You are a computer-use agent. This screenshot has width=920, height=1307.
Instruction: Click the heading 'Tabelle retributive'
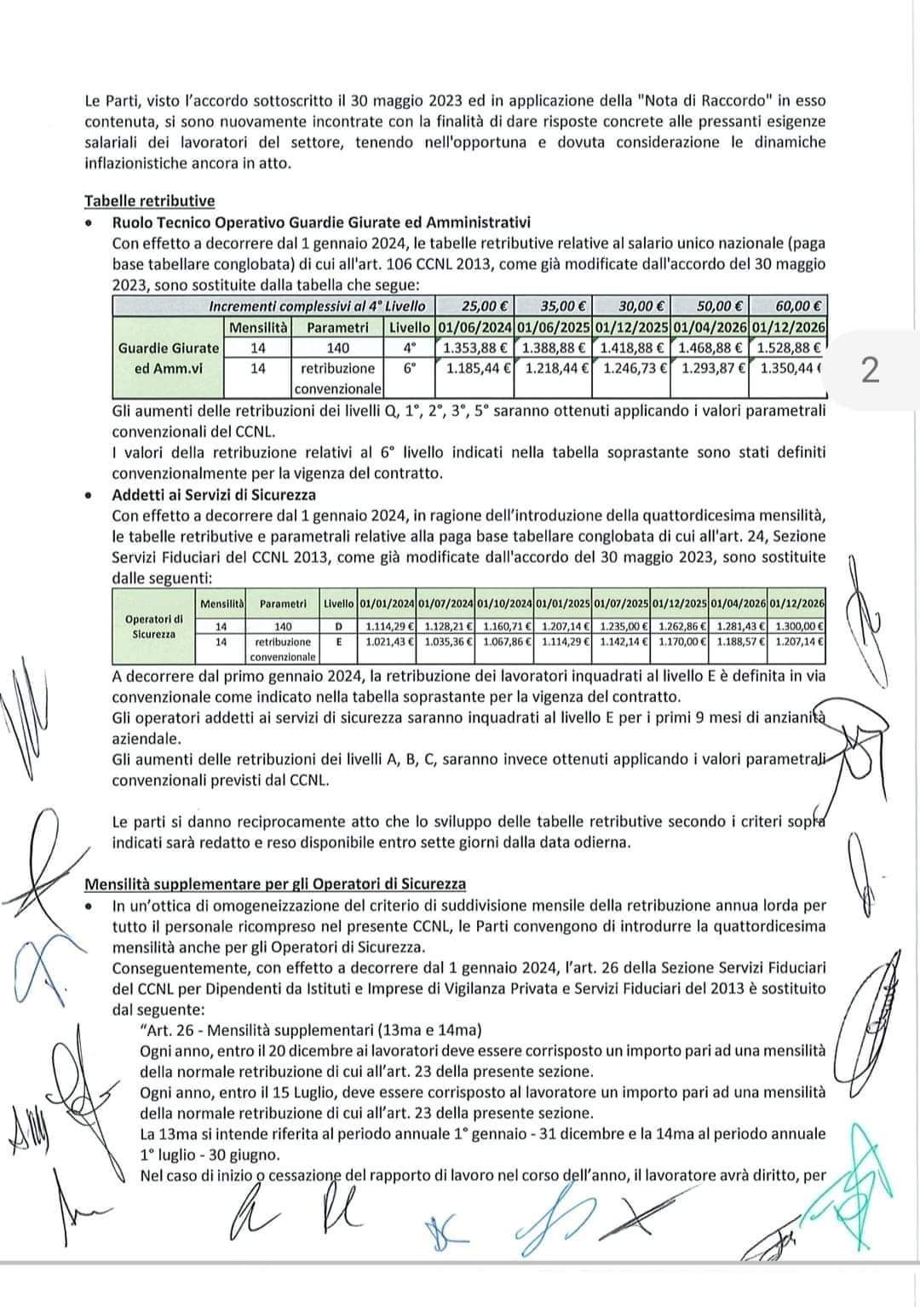(149, 201)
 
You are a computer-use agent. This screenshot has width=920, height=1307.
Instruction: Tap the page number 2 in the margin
(869, 371)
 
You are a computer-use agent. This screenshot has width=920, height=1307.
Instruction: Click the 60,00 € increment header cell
(788, 305)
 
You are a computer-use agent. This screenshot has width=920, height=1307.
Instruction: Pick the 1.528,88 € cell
(788, 348)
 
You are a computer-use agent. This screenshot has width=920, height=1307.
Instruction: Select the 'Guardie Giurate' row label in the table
(169, 348)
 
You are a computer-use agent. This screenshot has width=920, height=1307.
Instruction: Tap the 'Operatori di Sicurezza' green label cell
(153, 626)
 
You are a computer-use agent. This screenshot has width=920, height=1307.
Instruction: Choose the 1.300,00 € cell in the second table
(796, 626)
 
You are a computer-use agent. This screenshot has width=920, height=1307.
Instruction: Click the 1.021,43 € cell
(387, 641)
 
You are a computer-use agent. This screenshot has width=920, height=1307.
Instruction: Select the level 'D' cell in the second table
(338, 626)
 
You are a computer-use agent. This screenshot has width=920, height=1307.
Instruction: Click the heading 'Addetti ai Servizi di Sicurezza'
(214, 494)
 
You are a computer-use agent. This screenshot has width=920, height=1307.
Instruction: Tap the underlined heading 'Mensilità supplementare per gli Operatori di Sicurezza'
(274, 884)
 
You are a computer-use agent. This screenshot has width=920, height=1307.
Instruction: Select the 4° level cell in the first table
(410, 348)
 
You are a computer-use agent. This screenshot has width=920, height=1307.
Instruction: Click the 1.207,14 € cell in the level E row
(796, 641)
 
